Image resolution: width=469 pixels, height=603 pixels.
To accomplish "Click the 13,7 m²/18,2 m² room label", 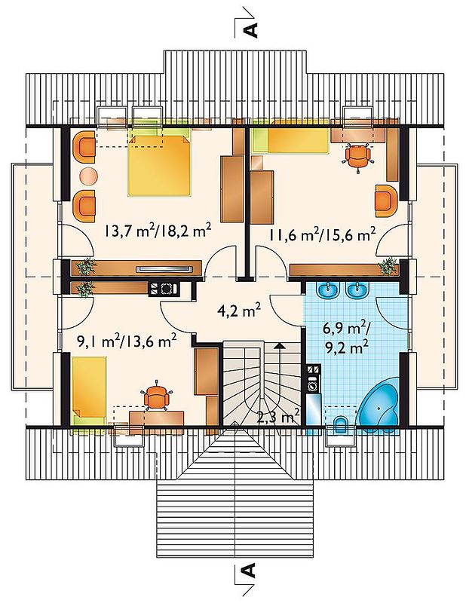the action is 157,231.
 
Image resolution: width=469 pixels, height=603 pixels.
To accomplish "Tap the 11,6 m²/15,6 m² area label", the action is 322,234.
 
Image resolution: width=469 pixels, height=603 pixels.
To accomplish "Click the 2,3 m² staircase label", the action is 277,418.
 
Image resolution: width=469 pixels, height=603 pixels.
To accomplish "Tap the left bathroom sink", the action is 328,291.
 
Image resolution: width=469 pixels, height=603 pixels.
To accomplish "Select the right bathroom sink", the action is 357,291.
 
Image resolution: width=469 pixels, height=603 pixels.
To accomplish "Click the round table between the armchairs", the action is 88,176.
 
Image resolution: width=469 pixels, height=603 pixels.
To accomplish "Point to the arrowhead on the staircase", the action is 280,346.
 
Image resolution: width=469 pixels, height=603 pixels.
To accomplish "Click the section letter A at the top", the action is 250,30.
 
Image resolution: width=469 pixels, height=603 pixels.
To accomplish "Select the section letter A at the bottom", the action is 250,571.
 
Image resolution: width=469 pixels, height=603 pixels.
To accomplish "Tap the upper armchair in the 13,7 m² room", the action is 84,147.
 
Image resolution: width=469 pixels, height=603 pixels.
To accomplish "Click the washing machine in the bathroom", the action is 312,384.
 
